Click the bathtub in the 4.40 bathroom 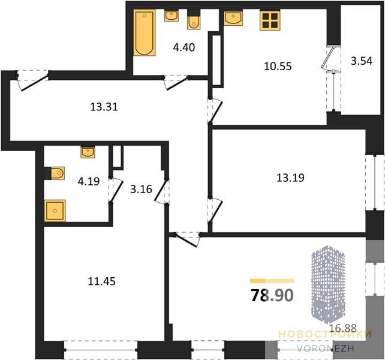(145, 32)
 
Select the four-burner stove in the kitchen (270, 20)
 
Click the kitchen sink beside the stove (233, 18)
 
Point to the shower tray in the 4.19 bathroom (55, 211)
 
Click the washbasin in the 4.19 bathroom (88, 152)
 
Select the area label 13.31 (104, 107)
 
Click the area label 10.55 (278, 67)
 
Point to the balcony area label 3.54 (362, 61)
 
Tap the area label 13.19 (290, 178)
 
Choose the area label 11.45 (102, 281)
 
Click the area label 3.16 (141, 190)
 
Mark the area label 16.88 (343, 328)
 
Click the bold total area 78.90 (272, 295)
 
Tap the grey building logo (328, 284)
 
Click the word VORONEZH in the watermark (326, 348)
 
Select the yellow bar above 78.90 (272, 281)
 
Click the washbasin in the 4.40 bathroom (172, 16)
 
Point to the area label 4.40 (184, 47)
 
